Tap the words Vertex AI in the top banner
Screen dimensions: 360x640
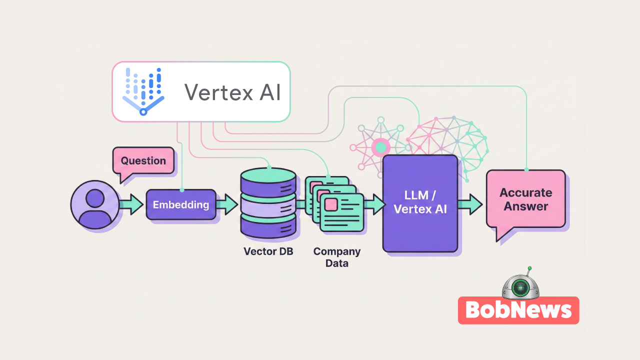point(232,92)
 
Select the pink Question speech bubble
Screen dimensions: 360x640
point(143,161)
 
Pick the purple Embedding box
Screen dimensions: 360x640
point(181,204)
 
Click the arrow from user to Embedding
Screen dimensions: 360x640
point(131,205)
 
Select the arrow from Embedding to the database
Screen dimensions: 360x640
point(227,205)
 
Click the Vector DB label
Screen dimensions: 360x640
point(268,251)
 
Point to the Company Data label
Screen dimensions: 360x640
point(336,257)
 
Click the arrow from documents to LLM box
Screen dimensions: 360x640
point(374,205)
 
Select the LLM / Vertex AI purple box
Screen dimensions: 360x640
point(420,203)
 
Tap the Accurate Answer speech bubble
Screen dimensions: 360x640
point(525,199)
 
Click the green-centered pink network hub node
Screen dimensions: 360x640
point(381,147)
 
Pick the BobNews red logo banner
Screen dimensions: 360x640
point(518,310)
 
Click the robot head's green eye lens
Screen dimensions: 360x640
point(520,287)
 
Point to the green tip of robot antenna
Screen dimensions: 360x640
point(529,268)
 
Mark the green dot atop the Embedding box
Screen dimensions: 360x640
point(182,190)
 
